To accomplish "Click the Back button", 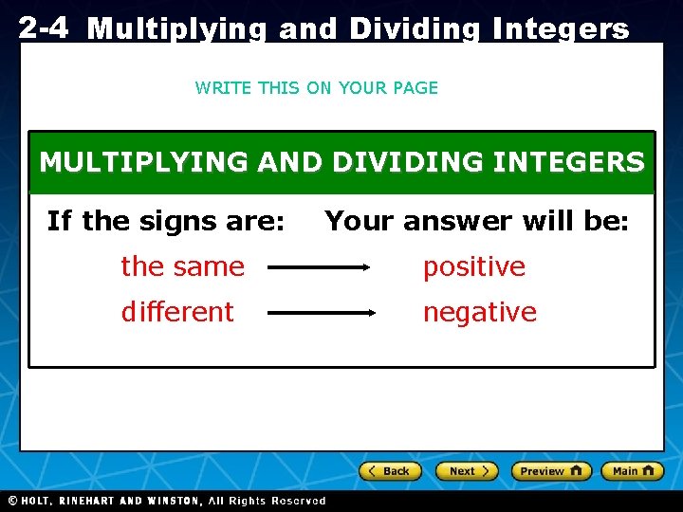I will pyautogui.click(x=389, y=471).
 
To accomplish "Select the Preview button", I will pyautogui.click(x=551, y=471).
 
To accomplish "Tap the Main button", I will pyautogui.click(x=633, y=471).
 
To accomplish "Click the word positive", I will pyautogui.click(x=473, y=267).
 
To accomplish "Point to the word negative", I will pyautogui.click(x=479, y=312).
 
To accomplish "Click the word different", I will pyautogui.click(x=176, y=312).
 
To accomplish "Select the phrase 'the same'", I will pyautogui.click(x=182, y=267).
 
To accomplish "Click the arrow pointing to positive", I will pyautogui.click(x=320, y=268).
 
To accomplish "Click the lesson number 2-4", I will pyautogui.click(x=43, y=28).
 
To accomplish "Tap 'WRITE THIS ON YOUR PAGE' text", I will pyautogui.click(x=316, y=88).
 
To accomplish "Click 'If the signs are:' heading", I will pyautogui.click(x=165, y=222).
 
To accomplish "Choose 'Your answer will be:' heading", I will pyautogui.click(x=476, y=222).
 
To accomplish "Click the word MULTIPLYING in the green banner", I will pyautogui.click(x=141, y=162).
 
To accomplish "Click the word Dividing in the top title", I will pyautogui.click(x=415, y=29).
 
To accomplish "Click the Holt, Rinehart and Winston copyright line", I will pyautogui.click(x=167, y=501).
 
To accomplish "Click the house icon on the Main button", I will pyautogui.click(x=649, y=470).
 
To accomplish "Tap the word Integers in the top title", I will pyautogui.click(x=559, y=29).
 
